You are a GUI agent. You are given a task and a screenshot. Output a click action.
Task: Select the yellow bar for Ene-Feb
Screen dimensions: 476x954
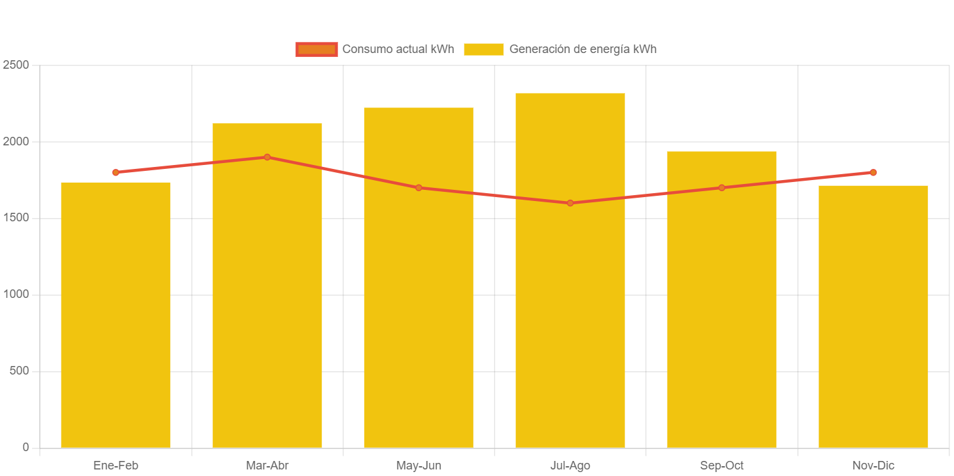115,314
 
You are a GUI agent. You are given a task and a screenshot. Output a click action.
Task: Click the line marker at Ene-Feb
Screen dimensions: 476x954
115,172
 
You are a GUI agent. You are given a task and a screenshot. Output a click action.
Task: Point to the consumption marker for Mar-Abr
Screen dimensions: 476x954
267,157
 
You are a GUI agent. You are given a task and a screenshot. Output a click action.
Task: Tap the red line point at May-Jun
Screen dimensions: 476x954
419,188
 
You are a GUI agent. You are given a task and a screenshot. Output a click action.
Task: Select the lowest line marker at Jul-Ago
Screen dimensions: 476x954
570,203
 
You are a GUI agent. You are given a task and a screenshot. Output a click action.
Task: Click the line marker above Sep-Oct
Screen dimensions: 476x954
721,188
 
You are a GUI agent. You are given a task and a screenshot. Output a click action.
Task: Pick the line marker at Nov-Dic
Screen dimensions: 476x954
873,172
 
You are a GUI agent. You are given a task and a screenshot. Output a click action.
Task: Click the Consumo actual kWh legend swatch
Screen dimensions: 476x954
316,49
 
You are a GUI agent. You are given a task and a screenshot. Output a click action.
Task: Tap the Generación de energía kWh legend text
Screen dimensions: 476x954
582,49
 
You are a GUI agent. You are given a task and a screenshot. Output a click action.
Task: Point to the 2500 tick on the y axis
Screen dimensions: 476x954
16,65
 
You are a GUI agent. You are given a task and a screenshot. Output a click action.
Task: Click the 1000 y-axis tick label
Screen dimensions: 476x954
16,294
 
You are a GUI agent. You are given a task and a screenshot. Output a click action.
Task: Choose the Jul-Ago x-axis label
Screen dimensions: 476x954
570,466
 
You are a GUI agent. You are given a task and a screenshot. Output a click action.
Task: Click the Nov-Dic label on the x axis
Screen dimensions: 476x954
873,466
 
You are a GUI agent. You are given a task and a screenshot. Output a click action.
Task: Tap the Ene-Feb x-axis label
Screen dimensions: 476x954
115,466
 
